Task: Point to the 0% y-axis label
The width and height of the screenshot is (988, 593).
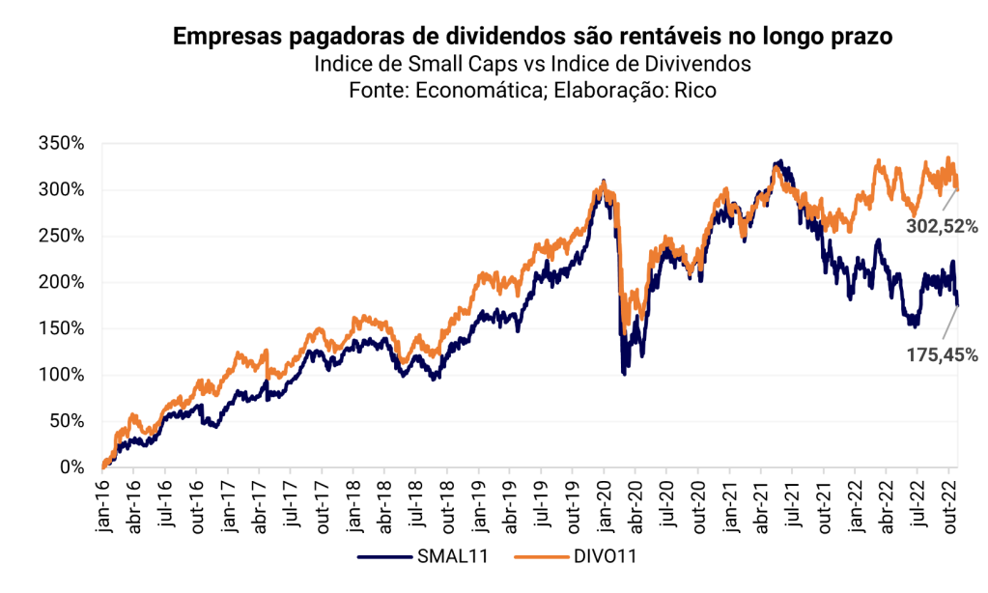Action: pos(73,467)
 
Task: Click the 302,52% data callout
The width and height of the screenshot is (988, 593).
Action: pos(942,227)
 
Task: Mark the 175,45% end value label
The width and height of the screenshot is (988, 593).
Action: pos(942,354)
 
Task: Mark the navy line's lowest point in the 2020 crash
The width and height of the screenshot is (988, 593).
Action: pos(624,373)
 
